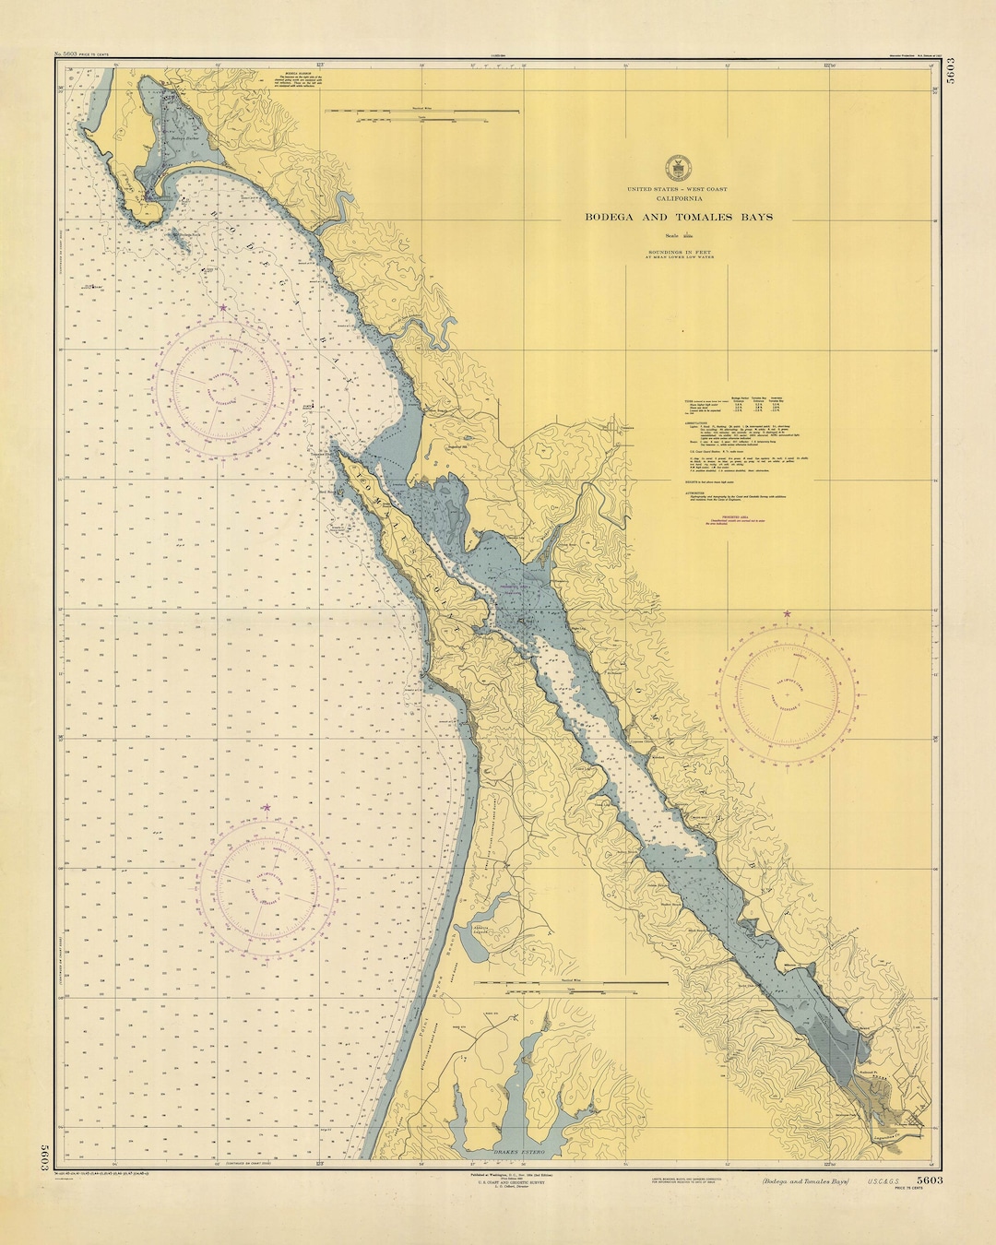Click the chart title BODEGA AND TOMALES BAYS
coord(679,218)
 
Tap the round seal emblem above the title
coord(678,169)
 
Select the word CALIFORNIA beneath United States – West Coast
coord(679,198)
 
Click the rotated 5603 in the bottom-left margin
coord(43,1158)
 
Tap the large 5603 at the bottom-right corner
coord(929,1180)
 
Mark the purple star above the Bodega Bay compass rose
coord(222,307)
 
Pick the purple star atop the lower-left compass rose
coord(267,808)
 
